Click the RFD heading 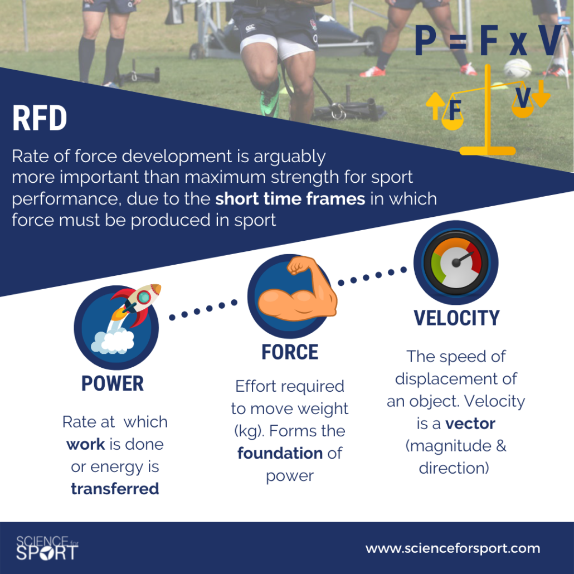(40, 118)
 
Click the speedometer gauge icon (456, 262)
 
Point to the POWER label (113, 383)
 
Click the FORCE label (290, 352)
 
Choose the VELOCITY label (456, 318)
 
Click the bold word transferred (115, 489)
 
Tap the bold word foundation (280, 453)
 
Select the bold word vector (470, 424)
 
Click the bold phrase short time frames (290, 199)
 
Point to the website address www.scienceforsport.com (453, 548)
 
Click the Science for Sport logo (47, 548)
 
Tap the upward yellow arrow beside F (435, 106)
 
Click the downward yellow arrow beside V (541, 94)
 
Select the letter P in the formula (425, 40)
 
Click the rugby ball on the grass (518, 69)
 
